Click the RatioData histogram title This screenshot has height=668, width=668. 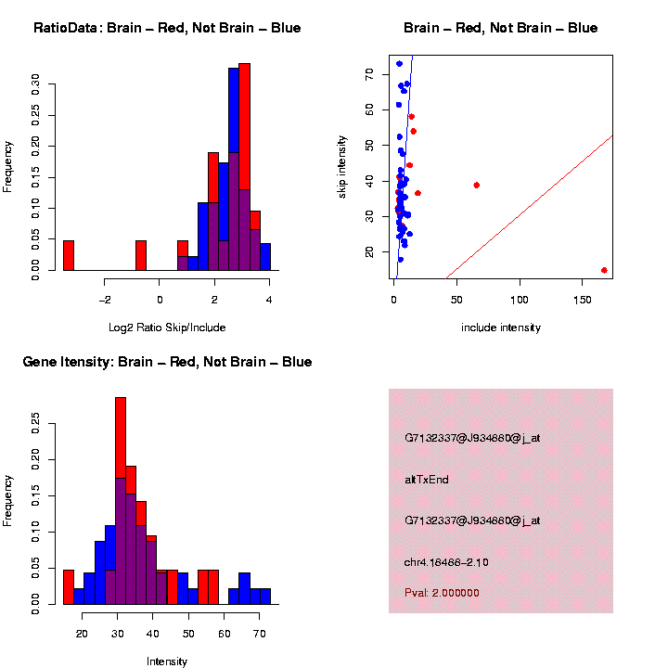click(167, 28)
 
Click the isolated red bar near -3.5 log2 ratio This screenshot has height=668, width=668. click(69, 255)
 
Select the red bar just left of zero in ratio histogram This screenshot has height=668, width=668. click(141, 255)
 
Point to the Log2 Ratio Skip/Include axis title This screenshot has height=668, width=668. click(166, 327)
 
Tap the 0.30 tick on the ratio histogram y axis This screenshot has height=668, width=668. click(35, 85)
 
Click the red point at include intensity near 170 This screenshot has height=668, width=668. click(604, 270)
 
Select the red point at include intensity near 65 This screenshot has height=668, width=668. click(476, 185)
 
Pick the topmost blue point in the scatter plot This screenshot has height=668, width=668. click(399, 64)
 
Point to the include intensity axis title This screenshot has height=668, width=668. click(501, 328)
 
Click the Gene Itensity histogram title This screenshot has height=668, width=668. click(167, 362)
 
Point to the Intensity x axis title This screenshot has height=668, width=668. click(167, 662)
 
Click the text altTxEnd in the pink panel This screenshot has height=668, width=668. click(427, 480)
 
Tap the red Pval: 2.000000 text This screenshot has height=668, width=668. click(442, 593)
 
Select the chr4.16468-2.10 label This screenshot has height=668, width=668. click(446, 562)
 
